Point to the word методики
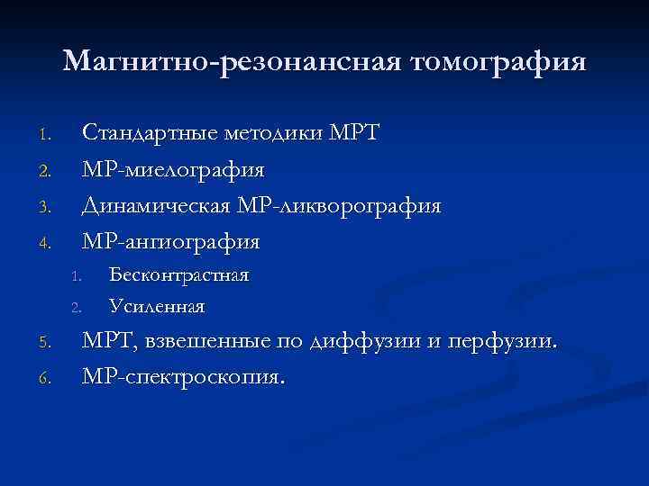(262, 133)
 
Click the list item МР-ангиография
(171, 241)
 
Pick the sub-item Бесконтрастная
(178, 274)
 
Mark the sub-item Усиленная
(156, 307)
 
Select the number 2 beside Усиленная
(78, 309)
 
